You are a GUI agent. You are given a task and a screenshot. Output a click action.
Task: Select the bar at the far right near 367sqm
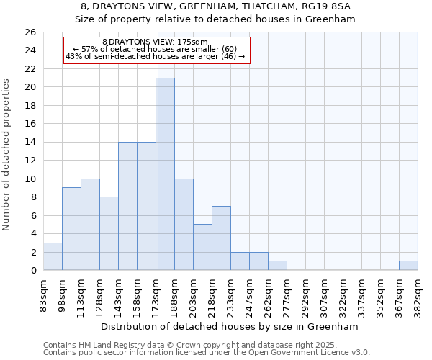coord(408,266)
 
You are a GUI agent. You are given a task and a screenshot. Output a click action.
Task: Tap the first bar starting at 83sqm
coord(53,257)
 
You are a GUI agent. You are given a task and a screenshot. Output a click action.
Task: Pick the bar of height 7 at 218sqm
coord(221,238)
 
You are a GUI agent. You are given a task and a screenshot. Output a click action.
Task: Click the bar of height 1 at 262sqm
coord(277,266)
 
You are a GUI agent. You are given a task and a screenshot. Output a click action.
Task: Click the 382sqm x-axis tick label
coord(418,293)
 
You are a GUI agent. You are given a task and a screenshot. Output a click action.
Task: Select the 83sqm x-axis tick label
coord(44,293)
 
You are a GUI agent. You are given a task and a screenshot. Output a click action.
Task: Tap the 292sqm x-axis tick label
coord(306,293)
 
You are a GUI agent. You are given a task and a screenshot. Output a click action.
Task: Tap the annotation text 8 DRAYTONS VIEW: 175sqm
coord(155,42)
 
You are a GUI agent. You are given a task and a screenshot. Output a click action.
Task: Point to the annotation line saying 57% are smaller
coord(155,49)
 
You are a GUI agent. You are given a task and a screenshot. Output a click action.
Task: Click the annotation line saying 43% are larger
coord(155,56)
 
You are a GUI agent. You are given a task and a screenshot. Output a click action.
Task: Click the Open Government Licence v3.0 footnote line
coord(207,353)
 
